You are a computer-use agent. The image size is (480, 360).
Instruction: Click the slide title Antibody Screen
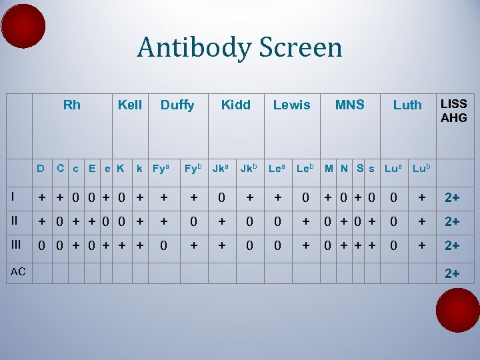click(x=239, y=48)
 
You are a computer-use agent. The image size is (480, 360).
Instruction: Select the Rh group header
click(x=71, y=105)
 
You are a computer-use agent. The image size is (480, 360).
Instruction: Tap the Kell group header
click(x=129, y=105)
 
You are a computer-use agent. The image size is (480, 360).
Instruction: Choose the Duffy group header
click(x=177, y=105)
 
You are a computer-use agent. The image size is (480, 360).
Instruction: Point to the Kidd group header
click(x=235, y=105)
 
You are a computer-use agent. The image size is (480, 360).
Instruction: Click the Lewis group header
click(x=291, y=105)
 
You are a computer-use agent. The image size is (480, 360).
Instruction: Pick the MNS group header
click(x=349, y=105)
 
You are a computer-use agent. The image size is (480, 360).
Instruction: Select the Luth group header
click(x=407, y=105)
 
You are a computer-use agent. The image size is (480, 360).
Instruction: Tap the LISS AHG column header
click(x=453, y=111)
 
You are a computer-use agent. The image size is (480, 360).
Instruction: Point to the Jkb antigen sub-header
click(x=249, y=169)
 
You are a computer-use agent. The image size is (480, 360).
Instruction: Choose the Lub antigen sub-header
click(x=421, y=169)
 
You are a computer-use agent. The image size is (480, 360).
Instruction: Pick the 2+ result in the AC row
click(x=453, y=272)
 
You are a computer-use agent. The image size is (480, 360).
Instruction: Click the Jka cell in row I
click(x=220, y=198)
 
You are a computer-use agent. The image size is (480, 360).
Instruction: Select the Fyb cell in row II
click(x=193, y=221)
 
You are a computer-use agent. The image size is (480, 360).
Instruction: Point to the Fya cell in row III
click(x=163, y=245)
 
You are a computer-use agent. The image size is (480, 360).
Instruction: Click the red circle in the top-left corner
click(x=23, y=25)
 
